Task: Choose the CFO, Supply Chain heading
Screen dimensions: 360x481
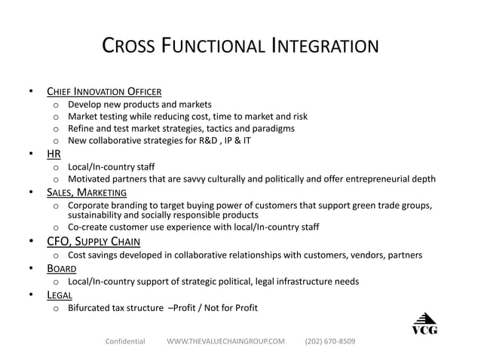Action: [x=93, y=242]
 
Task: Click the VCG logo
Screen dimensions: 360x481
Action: [x=424, y=323]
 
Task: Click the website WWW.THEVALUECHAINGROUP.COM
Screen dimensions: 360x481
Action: [x=225, y=341]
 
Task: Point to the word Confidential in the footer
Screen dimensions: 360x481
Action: [x=124, y=341]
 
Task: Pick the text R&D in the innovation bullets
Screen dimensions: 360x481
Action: [x=186, y=141]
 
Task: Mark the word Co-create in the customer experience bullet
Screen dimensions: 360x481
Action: [x=89, y=227]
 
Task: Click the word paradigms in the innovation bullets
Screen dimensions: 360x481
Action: [x=272, y=129]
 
